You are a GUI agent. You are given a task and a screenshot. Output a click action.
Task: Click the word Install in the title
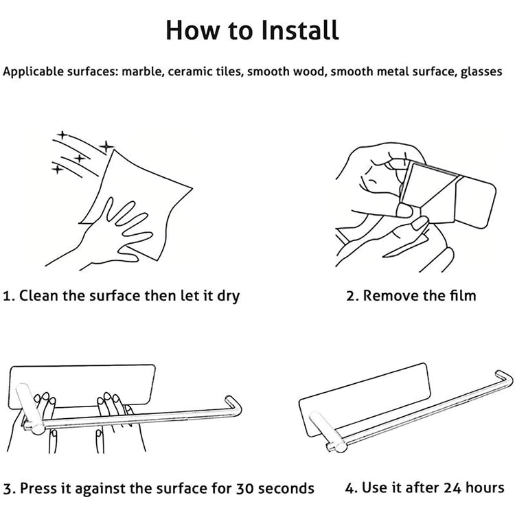click(x=300, y=30)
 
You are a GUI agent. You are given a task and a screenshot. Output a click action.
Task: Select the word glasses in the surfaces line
click(x=481, y=71)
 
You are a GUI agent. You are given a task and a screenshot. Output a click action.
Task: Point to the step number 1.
click(x=8, y=295)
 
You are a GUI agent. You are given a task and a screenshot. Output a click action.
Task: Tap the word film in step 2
click(x=463, y=295)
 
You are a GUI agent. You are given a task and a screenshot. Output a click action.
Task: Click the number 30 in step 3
click(x=244, y=488)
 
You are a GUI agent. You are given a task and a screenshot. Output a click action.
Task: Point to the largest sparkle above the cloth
click(x=106, y=146)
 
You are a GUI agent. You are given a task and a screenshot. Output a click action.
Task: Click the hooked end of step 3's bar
click(x=233, y=407)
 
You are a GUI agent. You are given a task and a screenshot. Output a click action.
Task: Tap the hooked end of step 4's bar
click(x=504, y=378)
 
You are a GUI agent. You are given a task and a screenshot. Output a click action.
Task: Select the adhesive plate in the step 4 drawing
click(x=365, y=399)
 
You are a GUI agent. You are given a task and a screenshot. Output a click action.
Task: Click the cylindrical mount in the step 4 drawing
click(x=328, y=433)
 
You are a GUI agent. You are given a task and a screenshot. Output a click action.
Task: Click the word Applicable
click(x=33, y=72)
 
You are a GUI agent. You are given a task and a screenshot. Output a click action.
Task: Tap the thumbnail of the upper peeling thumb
click(x=404, y=211)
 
